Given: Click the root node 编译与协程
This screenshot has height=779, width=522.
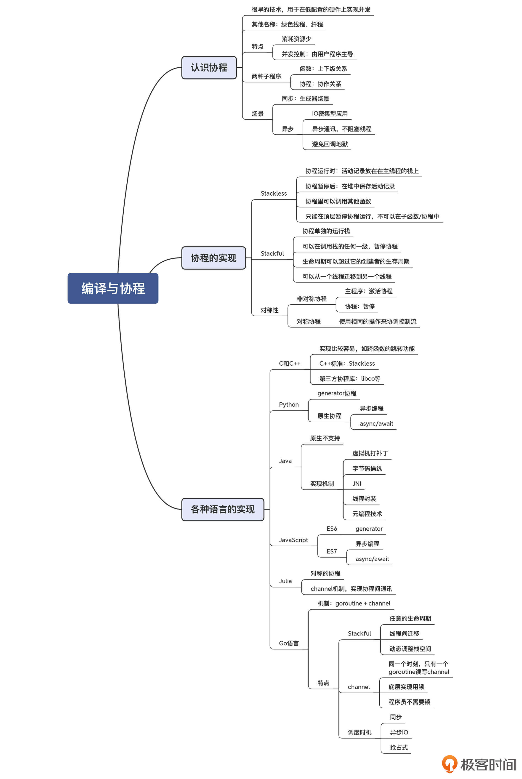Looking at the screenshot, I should pos(113,288).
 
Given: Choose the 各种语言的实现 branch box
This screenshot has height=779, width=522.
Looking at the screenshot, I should pos(222,509).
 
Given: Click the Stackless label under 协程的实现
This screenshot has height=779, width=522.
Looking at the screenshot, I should pos(273,193).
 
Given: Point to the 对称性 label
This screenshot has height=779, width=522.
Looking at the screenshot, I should pos(269,310).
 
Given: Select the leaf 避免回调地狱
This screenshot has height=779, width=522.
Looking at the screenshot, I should pos(330,144).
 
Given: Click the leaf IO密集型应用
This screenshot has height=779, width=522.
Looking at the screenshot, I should pos(330,114).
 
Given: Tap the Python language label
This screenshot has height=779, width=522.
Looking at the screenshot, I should pos(289,405).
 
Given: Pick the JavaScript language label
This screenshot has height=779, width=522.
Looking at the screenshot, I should pos(293,540).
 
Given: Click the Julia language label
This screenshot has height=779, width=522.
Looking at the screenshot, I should pos(285,581).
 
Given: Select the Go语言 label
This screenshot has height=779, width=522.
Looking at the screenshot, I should pos(289,643).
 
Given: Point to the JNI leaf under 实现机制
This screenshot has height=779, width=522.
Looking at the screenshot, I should pos(357,484).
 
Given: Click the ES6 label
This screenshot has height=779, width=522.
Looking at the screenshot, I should pos(332,529).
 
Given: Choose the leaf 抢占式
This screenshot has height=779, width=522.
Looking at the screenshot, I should pos(399,747).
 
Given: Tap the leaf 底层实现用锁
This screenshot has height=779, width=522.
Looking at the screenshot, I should pos(406,687).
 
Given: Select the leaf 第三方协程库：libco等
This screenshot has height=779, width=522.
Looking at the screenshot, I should pos(349,379).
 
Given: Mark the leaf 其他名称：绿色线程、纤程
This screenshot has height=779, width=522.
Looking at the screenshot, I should pos(287,24).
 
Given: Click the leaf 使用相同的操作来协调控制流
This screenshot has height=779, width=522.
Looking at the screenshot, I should pos(378,322).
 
